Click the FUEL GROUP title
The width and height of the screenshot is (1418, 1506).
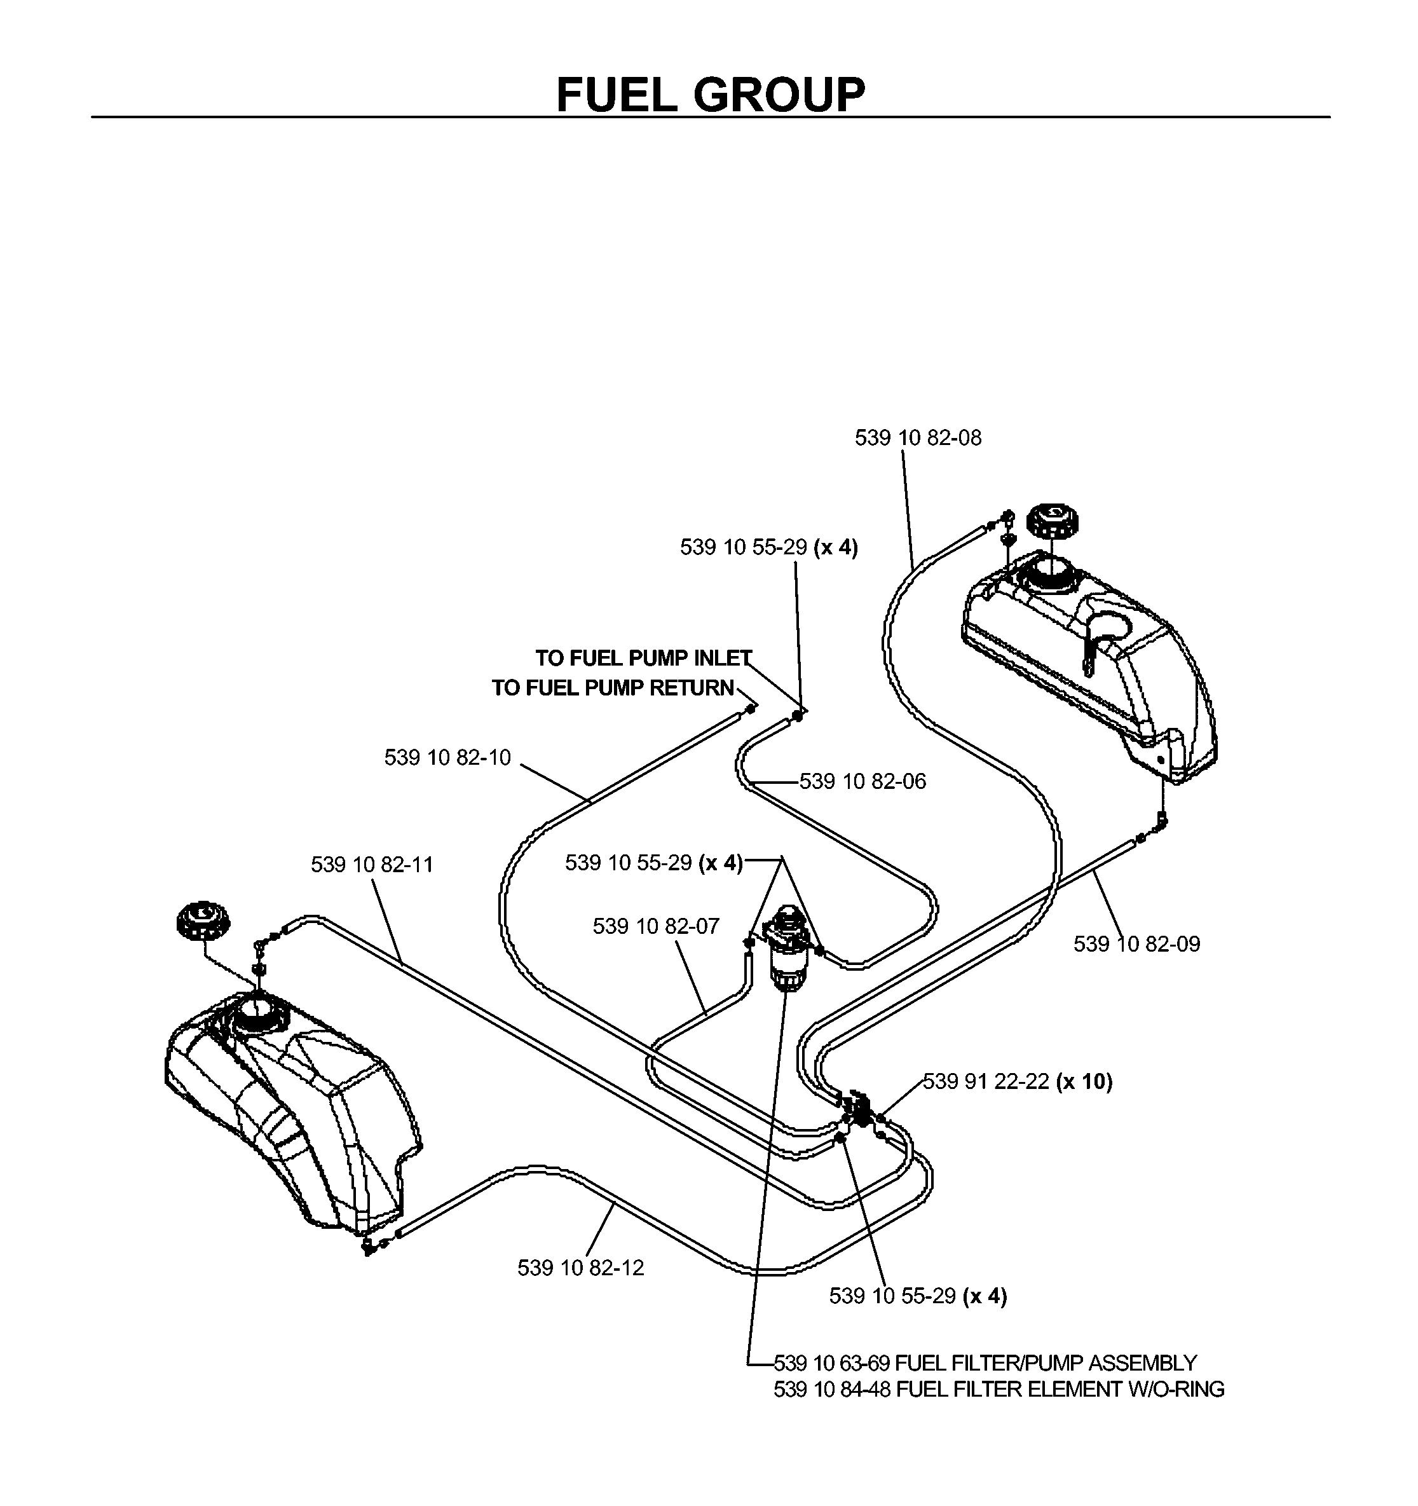click(710, 95)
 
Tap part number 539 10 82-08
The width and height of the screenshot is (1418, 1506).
click(918, 438)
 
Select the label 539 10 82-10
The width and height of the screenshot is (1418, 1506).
click(447, 758)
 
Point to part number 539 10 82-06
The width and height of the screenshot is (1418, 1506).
click(862, 781)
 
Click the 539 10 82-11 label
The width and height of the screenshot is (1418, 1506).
click(372, 865)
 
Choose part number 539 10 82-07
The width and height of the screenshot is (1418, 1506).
click(656, 926)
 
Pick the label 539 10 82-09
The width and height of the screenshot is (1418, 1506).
click(1137, 944)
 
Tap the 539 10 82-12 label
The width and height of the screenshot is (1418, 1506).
click(581, 1268)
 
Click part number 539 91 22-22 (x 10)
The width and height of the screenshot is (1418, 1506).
click(1018, 1082)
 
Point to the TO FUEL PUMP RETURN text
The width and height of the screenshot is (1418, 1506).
click(613, 688)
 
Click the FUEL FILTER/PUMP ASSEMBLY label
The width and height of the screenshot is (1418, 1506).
click(1046, 1363)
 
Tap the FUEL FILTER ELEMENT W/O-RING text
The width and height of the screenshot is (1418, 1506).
click(1060, 1389)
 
